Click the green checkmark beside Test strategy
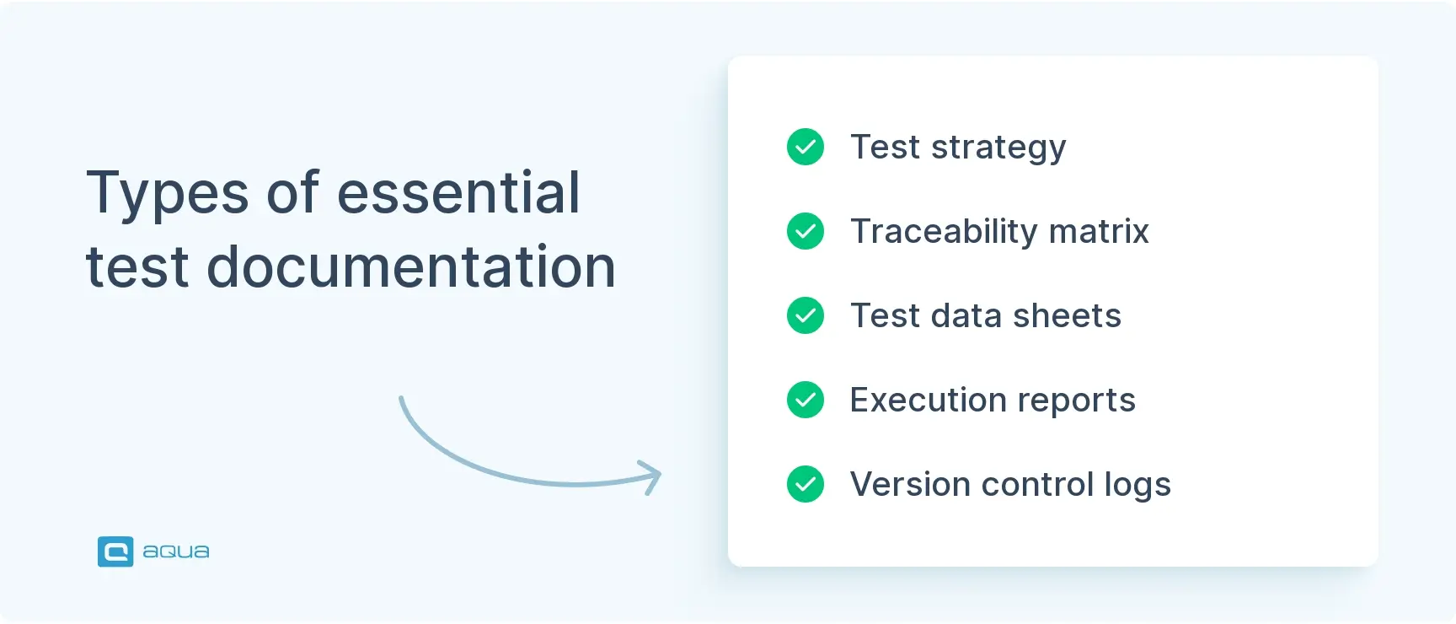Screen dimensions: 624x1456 [806, 147]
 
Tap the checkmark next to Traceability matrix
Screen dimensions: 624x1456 [806, 231]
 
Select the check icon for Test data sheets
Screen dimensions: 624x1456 [806, 315]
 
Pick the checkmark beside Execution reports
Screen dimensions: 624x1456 [806, 400]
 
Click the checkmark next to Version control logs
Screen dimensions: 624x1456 [806, 484]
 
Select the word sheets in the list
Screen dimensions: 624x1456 [1067, 316]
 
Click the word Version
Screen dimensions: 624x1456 [910, 485]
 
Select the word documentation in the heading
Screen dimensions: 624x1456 [411, 267]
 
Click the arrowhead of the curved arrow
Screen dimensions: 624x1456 [653, 476]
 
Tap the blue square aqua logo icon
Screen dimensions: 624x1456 [115, 551]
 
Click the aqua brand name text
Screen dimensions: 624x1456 [176, 551]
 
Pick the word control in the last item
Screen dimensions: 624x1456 [1037, 485]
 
